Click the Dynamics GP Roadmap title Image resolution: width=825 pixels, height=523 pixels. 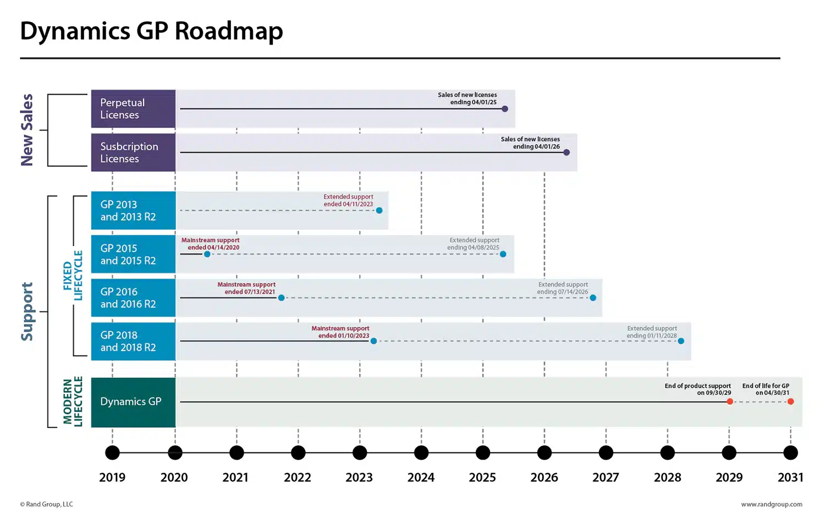point(151,31)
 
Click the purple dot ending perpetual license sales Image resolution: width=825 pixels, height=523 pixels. point(505,109)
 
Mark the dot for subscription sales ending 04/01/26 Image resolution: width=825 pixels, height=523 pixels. point(566,153)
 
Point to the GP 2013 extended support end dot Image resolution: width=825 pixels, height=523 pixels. point(379,210)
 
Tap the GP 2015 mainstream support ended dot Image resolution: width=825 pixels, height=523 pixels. point(207,254)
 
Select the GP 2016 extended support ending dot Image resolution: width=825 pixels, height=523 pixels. point(593,298)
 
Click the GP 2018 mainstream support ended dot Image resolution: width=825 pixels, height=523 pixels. point(373,341)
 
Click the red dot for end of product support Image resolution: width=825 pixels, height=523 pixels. point(730,402)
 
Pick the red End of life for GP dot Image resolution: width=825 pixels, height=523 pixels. point(790,402)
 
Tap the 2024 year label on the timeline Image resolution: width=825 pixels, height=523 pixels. point(421,477)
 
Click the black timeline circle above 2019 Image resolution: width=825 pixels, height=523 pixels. point(112,453)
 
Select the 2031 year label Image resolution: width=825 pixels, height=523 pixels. point(790,477)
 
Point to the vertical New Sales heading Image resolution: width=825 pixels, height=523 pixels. point(27,130)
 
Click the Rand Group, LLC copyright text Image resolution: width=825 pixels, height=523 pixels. point(47,504)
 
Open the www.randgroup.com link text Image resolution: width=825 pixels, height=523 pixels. point(771,504)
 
